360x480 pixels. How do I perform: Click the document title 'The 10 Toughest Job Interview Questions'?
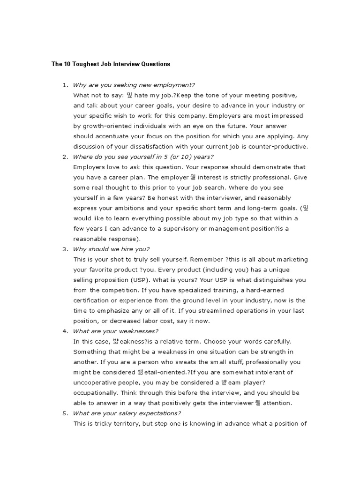(x=111, y=64)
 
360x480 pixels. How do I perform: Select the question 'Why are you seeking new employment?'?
(x=134, y=85)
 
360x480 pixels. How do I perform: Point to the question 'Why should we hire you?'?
(x=112, y=249)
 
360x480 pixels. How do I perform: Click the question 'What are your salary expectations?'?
(x=127, y=413)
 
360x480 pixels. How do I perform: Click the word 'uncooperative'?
(x=97, y=382)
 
